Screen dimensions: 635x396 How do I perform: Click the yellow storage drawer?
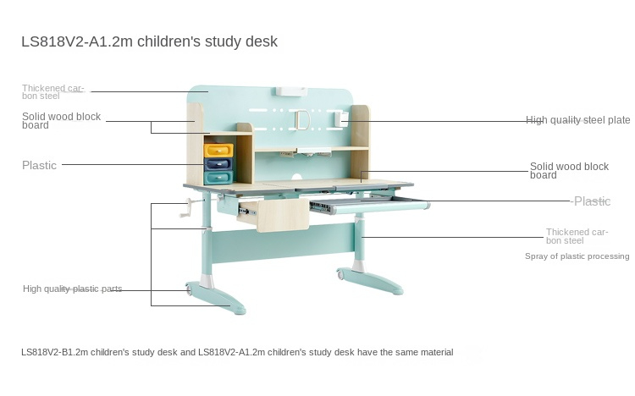(218, 151)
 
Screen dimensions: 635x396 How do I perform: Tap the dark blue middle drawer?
(218, 163)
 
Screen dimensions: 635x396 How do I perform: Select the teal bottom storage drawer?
(218, 177)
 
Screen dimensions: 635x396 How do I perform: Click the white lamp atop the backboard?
(291, 91)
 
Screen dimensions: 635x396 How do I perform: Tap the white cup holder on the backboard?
(341, 118)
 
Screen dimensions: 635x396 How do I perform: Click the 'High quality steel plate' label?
(578, 120)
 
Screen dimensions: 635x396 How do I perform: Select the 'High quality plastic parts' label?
(73, 289)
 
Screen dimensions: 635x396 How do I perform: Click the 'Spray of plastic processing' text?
(577, 256)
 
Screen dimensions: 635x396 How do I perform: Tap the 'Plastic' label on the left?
(39, 165)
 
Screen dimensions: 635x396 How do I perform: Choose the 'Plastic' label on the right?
(592, 201)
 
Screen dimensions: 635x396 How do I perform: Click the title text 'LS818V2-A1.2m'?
(77, 41)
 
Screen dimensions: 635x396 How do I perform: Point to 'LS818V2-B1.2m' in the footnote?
(54, 352)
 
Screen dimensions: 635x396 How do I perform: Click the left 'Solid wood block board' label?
(61, 121)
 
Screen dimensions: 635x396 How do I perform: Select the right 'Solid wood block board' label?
(569, 170)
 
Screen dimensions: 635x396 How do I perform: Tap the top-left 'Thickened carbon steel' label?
(52, 92)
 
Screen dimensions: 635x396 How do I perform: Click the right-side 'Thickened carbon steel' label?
(577, 236)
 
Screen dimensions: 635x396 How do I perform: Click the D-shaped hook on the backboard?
(301, 120)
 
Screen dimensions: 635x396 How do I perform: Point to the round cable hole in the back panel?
(297, 178)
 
